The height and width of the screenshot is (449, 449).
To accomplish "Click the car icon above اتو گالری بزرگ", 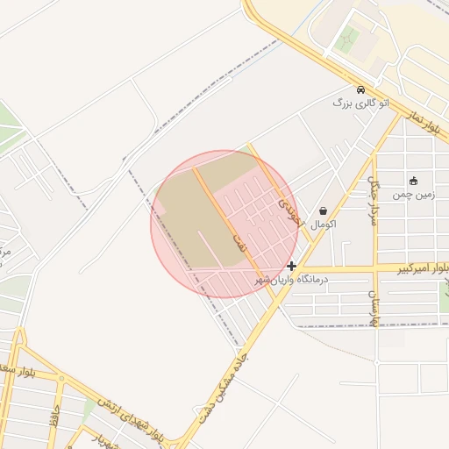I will [360, 89].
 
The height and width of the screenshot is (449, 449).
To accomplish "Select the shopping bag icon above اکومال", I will [324, 210].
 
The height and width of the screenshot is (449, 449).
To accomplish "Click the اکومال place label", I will [323, 224].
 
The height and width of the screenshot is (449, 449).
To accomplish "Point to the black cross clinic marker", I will [291, 265].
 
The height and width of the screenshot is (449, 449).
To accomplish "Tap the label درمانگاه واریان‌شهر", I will [290, 279].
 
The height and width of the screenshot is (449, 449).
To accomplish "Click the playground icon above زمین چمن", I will [413, 180].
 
